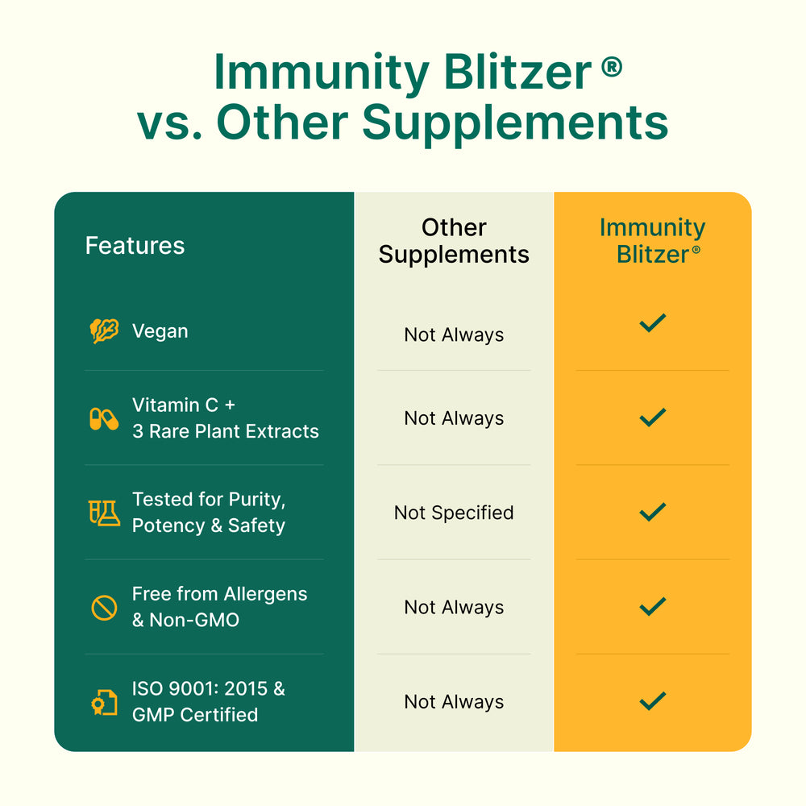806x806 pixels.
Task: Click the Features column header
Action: [135, 245]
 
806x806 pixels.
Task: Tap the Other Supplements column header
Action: [454, 240]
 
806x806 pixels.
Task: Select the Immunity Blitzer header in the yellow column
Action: [652, 240]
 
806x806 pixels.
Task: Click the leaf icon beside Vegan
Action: [104, 330]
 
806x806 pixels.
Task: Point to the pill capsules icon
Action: [104, 419]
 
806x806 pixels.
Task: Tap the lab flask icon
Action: [104, 513]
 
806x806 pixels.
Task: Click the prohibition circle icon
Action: [104, 608]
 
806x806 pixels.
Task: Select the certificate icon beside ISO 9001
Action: [104, 702]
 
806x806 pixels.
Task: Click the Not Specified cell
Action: [454, 513]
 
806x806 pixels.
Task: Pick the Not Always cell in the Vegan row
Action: [454, 334]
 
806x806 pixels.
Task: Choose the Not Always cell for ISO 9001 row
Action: [454, 702]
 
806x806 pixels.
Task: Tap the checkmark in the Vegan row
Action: [652, 323]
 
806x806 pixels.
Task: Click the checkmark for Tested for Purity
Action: [652, 512]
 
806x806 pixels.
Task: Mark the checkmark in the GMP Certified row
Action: [652, 701]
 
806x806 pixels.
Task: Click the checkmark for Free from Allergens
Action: [652, 607]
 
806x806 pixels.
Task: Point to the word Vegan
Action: [160, 331]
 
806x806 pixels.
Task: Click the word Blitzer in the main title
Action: [517, 72]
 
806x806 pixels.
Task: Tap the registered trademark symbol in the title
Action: [612, 68]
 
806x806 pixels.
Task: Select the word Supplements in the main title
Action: [516, 124]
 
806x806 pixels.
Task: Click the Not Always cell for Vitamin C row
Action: [454, 418]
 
